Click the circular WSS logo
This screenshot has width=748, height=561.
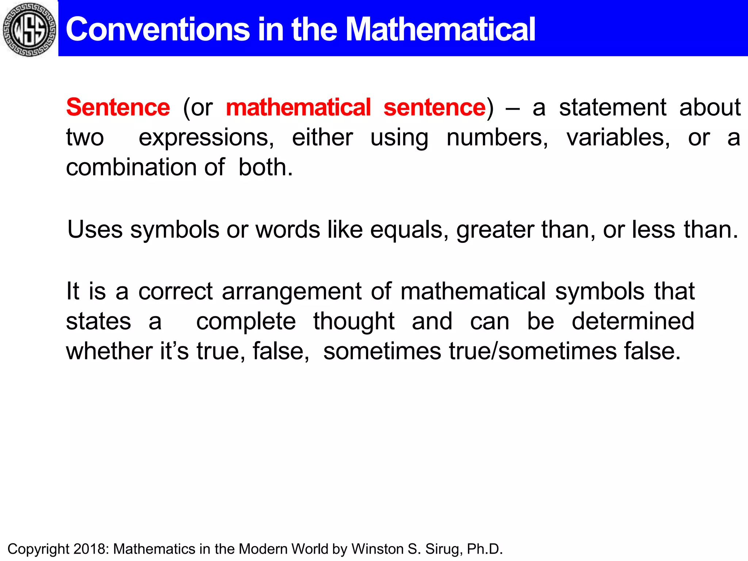click(29, 29)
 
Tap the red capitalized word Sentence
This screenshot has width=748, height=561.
click(118, 107)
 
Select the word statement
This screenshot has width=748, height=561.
click(612, 107)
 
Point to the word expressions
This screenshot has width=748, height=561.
click(206, 138)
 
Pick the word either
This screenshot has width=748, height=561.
click(322, 137)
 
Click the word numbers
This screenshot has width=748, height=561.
click(497, 137)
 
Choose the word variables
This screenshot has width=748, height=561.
click(618, 137)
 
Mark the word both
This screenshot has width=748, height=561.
click(265, 167)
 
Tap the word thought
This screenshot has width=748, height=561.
click(354, 321)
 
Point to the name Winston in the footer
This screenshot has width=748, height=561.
click(377, 549)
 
